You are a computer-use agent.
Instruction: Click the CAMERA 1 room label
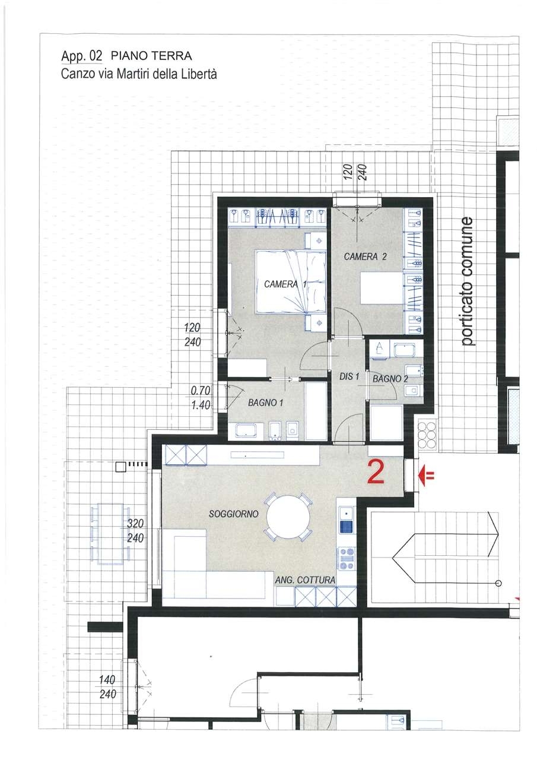(x=285, y=284)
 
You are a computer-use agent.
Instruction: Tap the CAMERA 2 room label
(x=365, y=256)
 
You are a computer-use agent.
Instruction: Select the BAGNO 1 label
(x=265, y=403)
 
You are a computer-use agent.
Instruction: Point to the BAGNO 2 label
(x=390, y=379)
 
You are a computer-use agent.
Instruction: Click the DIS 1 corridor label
(x=349, y=376)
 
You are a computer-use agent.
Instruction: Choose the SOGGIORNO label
(x=234, y=514)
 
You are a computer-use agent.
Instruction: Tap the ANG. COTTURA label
(x=305, y=580)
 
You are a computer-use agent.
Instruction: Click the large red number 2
(x=376, y=471)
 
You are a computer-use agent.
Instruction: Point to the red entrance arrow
(x=426, y=476)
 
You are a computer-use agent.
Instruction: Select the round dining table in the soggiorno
(x=288, y=517)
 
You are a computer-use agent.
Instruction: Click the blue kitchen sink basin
(x=347, y=527)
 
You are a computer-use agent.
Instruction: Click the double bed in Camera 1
(x=291, y=281)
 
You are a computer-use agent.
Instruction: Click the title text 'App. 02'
(x=81, y=56)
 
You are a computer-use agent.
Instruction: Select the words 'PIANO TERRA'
(x=151, y=56)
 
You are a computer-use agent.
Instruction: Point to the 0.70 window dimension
(x=201, y=391)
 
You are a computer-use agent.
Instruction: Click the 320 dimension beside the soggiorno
(x=136, y=524)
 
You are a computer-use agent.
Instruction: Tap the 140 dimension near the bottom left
(x=108, y=680)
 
